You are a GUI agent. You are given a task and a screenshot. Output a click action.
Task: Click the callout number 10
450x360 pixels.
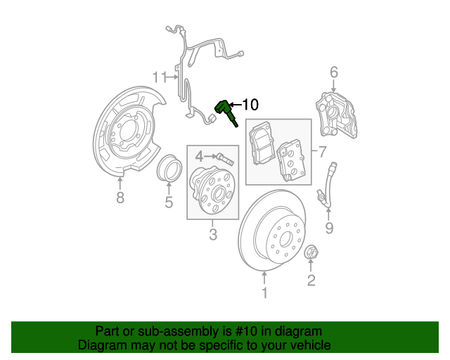(250, 105)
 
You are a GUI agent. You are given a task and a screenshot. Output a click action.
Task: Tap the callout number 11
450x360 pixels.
(161, 76)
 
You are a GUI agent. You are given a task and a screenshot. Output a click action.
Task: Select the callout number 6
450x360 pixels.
(334, 72)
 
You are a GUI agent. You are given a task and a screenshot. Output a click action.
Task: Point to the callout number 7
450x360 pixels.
(323, 151)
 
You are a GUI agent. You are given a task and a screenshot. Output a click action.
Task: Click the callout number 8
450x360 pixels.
(120, 198)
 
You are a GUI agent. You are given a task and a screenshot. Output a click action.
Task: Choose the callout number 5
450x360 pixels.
(169, 204)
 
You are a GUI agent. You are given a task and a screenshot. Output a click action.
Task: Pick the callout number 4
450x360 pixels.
(199, 156)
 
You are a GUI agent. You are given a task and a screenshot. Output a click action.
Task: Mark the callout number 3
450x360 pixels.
(212, 235)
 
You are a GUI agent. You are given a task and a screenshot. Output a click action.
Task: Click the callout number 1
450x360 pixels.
(264, 292)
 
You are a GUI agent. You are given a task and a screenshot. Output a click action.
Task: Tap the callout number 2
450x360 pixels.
(311, 282)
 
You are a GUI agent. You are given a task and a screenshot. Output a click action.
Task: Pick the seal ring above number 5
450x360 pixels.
(169, 170)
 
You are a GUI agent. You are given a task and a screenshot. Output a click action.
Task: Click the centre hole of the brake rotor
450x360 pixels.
(284, 237)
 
